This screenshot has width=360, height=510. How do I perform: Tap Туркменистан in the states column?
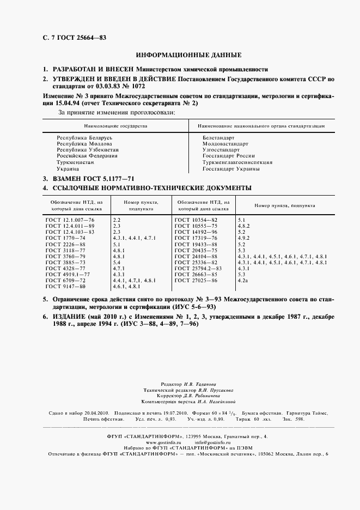76,162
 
